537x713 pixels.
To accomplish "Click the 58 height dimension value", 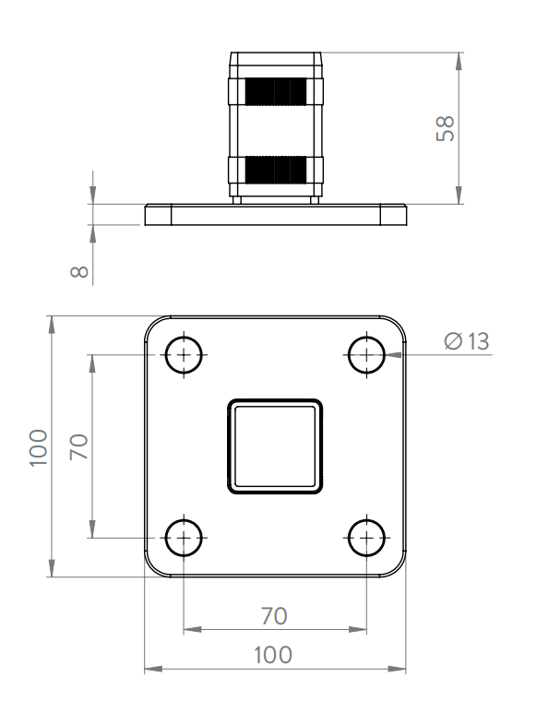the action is pyautogui.click(x=445, y=129).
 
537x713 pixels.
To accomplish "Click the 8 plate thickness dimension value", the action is pyautogui.click(x=79, y=271).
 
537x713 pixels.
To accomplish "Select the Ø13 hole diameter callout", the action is pyautogui.click(x=467, y=341).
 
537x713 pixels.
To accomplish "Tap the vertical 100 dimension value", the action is pyautogui.click(x=38, y=447).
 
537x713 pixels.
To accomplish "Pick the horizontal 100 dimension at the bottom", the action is pyautogui.click(x=273, y=655).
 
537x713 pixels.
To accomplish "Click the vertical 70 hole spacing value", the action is pyautogui.click(x=78, y=447).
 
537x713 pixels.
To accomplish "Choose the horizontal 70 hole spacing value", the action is pyautogui.click(x=274, y=616).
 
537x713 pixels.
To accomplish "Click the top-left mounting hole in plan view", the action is pyautogui.click(x=184, y=355).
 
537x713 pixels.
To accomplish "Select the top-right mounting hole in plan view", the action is pyautogui.click(x=366, y=355).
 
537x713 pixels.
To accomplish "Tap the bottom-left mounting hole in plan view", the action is pyautogui.click(x=184, y=538).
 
